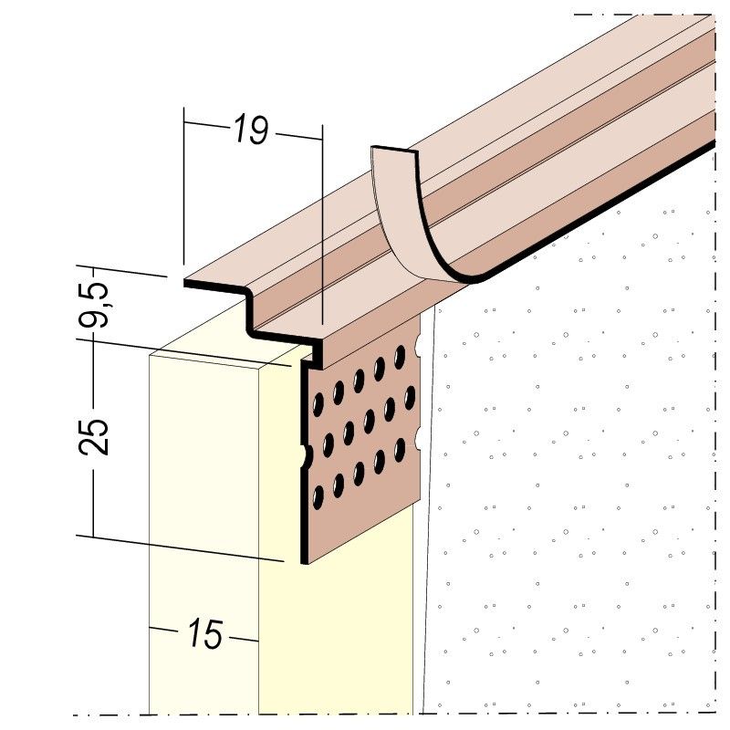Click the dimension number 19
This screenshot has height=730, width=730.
pos(249,130)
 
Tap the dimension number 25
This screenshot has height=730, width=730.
pos(99,436)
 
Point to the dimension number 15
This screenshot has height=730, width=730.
pos(205,633)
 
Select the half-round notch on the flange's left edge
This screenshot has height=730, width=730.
pos(305,454)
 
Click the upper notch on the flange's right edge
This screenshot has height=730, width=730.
pos(418,345)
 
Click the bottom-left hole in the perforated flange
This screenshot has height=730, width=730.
pos(318,497)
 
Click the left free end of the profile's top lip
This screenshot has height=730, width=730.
pos(187,284)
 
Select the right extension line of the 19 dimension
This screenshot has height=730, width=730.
pos(323,228)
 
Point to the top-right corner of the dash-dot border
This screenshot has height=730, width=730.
pos(713,15)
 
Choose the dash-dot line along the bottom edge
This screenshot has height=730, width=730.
pos(365,714)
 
